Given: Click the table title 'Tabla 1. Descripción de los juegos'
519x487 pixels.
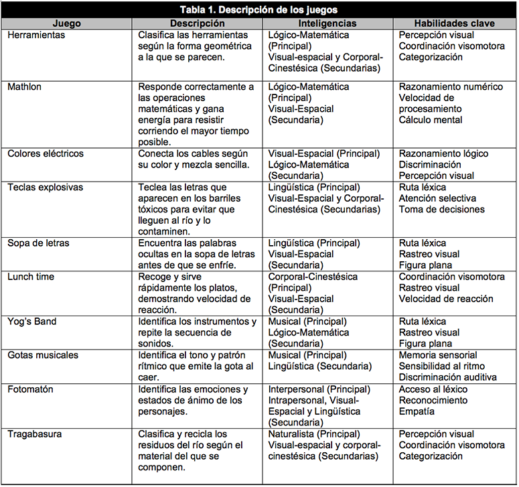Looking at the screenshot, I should pyautogui.click(x=259, y=9).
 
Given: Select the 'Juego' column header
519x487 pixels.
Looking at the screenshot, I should pyautogui.click(x=66, y=23).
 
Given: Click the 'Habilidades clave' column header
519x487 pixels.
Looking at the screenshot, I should pyautogui.click(x=454, y=23).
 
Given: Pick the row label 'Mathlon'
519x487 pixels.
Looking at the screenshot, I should pyautogui.click(x=25, y=87).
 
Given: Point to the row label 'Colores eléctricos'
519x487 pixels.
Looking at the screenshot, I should pyautogui.click(x=46, y=153).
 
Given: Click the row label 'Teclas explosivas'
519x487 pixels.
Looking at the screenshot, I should pyautogui.click(x=45, y=188).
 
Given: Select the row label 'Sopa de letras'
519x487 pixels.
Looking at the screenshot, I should pyautogui.click(x=38, y=243).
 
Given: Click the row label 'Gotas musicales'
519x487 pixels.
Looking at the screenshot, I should pyautogui.click(x=43, y=355).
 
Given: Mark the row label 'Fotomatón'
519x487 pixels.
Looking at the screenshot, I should pyautogui.click(x=30, y=389).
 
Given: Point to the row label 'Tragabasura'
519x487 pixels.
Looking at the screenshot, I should pyautogui.click(x=34, y=434).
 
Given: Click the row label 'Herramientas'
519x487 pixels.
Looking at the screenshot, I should pyautogui.click(x=36, y=35).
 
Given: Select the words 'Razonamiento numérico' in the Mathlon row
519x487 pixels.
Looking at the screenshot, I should pyautogui.click(x=451, y=87).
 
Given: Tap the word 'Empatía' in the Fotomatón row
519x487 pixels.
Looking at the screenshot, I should pyautogui.click(x=417, y=411).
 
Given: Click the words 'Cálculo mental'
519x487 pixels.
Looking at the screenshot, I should pyautogui.click(x=431, y=121).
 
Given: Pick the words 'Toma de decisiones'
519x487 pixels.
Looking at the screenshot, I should pyautogui.click(x=442, y=210).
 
